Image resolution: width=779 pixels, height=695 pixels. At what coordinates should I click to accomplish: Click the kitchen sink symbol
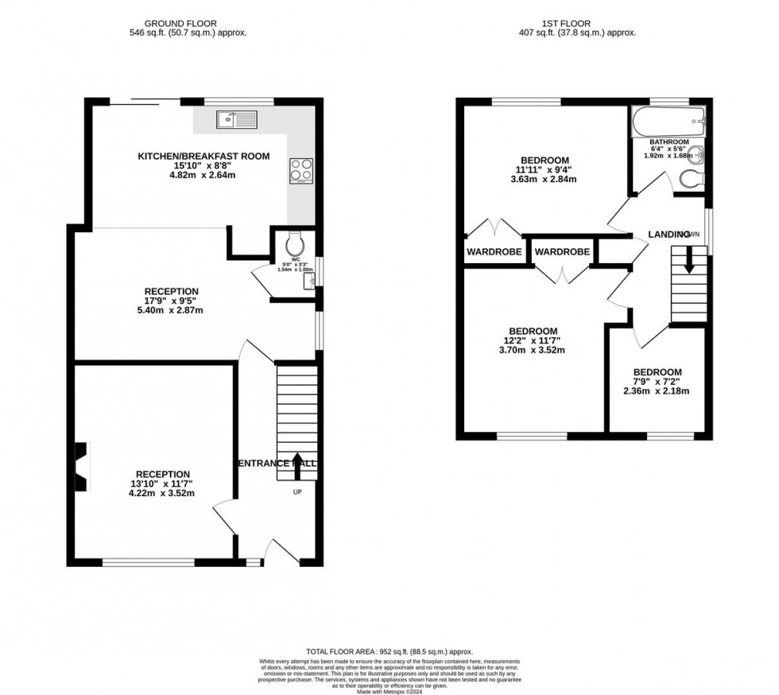click(x=236, y=120)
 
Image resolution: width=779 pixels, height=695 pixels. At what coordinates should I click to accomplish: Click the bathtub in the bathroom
click(x=667, y=122)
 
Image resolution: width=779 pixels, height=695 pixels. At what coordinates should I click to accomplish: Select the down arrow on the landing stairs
click(x=688, y=259)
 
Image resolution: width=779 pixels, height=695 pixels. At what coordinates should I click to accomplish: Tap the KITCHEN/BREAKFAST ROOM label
click(x=204, y=156)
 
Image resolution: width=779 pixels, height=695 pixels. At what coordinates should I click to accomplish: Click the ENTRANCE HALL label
click(x=276, y=463)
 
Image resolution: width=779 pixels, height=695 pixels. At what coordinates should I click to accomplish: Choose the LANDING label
click(x=669, y=235)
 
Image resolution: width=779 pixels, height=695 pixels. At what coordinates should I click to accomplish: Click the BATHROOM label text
click(x=669, y=142)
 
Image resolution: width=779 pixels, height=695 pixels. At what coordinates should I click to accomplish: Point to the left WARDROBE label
click(x=494, y=252)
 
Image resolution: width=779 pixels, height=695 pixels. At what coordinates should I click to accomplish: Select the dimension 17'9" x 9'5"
click(x=171, y=301)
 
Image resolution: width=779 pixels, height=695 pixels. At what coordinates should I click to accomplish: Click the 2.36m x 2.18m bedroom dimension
click(x=657, y=390)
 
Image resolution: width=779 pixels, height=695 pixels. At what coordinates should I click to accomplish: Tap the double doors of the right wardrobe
click(x=561, y=274)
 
